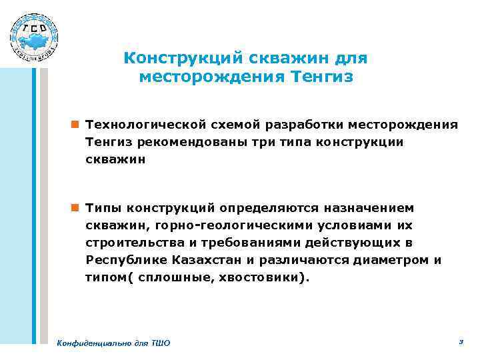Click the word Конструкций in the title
[171, 59]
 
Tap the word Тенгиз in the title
[323, 77]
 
